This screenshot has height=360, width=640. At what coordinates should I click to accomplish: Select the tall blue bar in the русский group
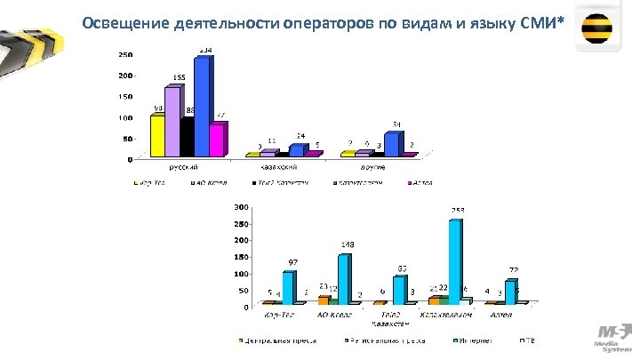(202, 107)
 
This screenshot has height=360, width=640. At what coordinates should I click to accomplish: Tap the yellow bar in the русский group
(157, 135)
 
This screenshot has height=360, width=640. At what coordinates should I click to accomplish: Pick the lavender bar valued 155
(172, 122)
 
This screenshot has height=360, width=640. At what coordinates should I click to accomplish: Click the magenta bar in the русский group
(217, 140)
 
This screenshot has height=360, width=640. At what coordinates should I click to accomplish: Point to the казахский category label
(278, 166)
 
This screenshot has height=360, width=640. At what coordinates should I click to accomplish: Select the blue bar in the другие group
(391, 143)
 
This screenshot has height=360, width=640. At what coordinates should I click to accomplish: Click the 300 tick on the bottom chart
(241, 206)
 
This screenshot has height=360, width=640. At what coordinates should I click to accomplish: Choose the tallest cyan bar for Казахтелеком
(455, 261)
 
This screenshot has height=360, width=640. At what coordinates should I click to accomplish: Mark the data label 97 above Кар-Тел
(292, 262)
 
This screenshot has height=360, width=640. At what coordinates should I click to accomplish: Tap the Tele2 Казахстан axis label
(392, 318)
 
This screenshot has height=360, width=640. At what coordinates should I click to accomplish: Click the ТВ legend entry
(531, 340)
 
